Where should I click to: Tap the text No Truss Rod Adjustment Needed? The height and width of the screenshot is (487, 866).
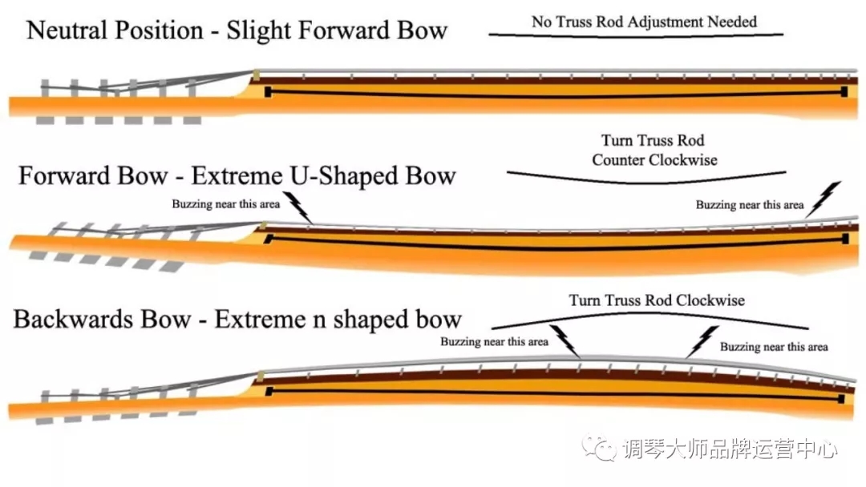point(644,22)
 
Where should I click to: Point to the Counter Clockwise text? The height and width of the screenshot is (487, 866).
point(654,160)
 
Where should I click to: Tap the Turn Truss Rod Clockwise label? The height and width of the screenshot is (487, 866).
point(657,300)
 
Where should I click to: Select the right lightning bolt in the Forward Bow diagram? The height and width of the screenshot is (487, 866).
point(824,199)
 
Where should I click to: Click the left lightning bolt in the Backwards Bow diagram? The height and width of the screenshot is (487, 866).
point(565,340)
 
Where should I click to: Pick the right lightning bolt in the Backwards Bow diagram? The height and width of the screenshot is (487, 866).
point(702,341)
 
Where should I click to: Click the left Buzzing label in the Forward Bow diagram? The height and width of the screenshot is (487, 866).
point(226,204)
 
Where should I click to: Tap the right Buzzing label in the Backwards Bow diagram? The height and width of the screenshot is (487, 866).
point(774,347)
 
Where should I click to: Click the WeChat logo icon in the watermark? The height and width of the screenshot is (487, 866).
point(599,447)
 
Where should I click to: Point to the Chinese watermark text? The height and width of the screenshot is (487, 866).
point(730,449)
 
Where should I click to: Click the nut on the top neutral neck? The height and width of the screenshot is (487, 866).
point(256,75)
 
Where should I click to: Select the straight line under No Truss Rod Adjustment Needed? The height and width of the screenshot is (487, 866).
point(636,34)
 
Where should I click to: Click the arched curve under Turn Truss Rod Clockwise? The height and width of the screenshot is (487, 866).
point(650,314)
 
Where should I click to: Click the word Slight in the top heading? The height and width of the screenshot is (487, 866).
point(258,30)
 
